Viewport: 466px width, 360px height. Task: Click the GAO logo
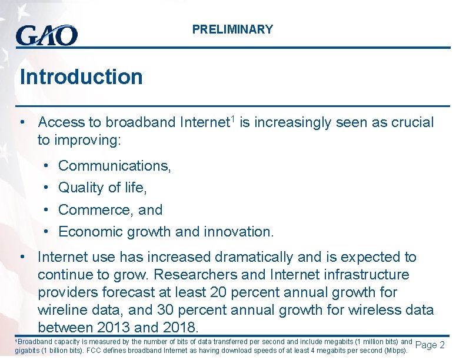pyautogui.click(x=46, y=36)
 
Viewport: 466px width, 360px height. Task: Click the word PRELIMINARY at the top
pyautogui.click(x=232, y=29)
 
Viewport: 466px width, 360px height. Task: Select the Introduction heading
pyautogui.click(x=81, y=77)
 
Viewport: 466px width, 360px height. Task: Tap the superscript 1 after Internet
pyautogui.click(x=232, y=119)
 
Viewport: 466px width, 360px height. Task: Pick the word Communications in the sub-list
pyautogui.click(x=114, y=166)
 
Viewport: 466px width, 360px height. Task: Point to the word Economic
pyautogui.click(x=88, y=232)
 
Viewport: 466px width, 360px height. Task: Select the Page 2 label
pyautogui.click(x=430, y=345)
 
